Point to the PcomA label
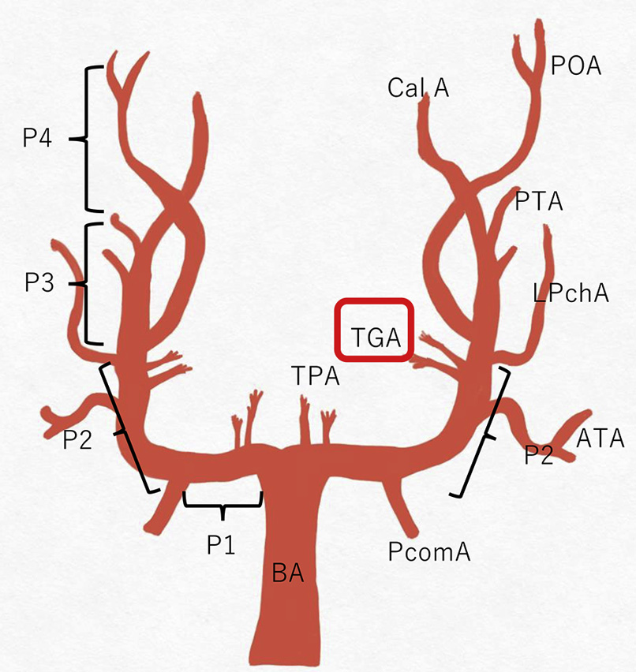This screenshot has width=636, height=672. [429, 551]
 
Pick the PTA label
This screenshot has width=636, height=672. [539, 202]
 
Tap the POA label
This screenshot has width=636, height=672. [576, 66]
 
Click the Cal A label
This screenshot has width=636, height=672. [418, 88]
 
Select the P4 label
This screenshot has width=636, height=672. [37, 139]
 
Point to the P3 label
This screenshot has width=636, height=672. [39, 282]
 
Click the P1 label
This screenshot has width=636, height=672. [223, 544]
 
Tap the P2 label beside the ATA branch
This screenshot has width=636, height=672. [541, 456]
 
